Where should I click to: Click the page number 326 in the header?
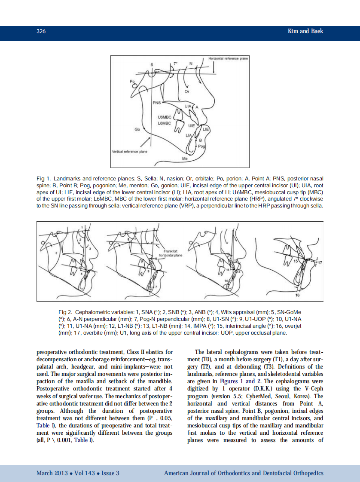pyautogui.click(x=41, y=31)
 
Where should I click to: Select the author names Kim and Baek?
pyautogui.click(x=305, y=31)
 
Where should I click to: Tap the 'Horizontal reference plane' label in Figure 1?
pyautogui.click(x=228, y=58)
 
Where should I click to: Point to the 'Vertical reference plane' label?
pyautogui.click(x=129, y=152)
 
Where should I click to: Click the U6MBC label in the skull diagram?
pyautogui.click(x=165, y=117)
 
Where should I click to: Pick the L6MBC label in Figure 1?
pyautogui.click(x=165, y=123)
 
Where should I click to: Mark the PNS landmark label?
pyautogui.click(x=157, y=103)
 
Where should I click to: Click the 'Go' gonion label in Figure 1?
pyautogui.click(x=137, y=129)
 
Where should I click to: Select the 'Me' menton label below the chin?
pyautogui.click(x=185, y=159)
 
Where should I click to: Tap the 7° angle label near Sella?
pyautogui.click(x=175, y=64)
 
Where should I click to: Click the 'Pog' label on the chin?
pyautogui.click(x=201, y=146)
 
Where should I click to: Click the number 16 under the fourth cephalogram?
pyautogui.click(x=297, y=296)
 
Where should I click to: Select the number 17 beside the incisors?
pyautogui.click(x=320, y=262)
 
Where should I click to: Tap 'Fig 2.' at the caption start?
pyautogui.click(x=65, y=311)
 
